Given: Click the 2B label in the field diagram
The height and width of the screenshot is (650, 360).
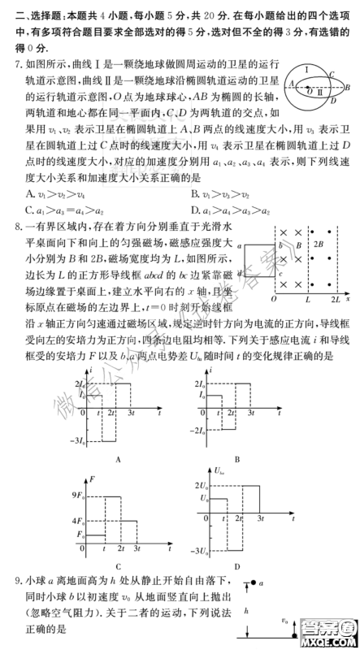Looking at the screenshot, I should point(328,244).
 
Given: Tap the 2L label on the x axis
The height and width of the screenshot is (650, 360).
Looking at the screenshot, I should point(333,300).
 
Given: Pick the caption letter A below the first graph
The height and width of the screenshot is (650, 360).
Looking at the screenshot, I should point(118,459).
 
